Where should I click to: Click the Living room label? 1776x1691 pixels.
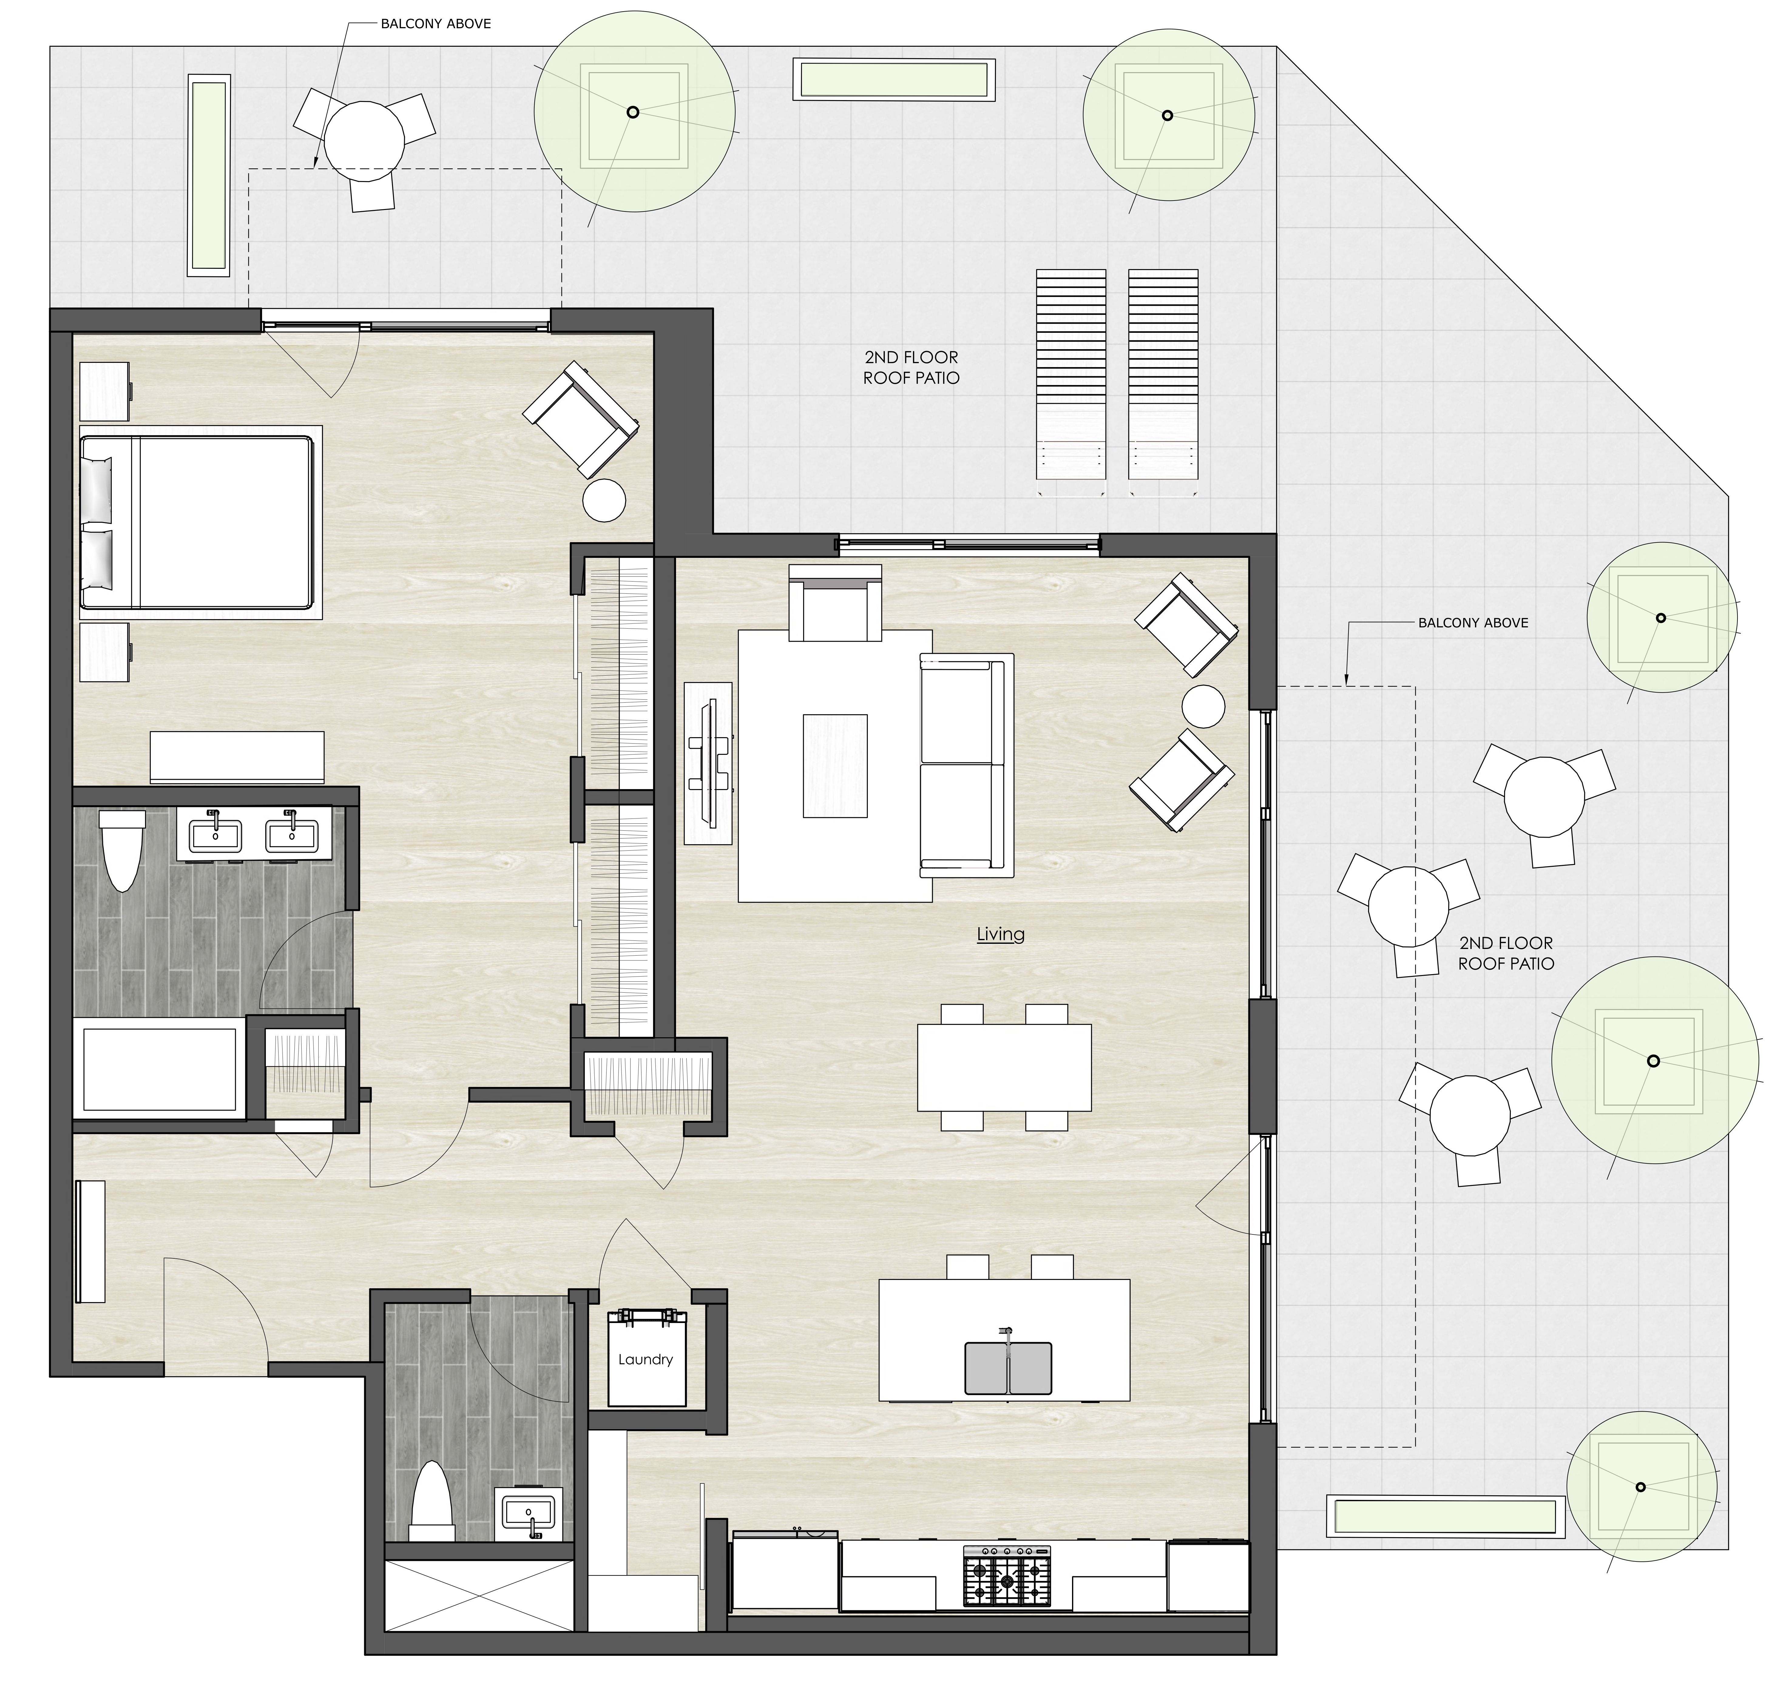1000,934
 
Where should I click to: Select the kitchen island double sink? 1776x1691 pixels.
1008,1367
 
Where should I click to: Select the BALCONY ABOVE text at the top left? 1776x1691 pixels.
435,23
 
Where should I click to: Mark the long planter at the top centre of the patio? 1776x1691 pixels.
893,79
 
